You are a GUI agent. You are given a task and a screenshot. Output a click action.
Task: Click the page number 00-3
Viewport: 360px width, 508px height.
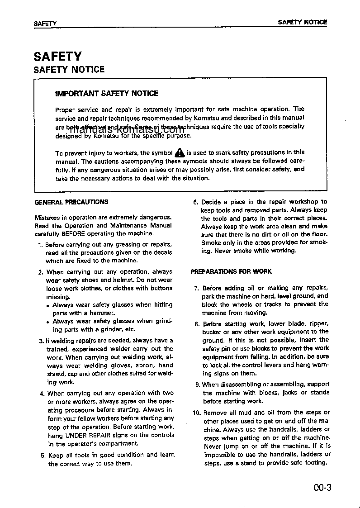coord(322,488)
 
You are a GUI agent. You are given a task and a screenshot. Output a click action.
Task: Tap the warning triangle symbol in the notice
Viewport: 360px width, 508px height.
coord(180,152)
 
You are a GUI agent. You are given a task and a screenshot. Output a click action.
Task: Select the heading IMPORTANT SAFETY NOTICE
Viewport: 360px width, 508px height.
coord(106,94)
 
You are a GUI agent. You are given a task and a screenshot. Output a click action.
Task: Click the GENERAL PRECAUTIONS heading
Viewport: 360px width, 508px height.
coord(71,202)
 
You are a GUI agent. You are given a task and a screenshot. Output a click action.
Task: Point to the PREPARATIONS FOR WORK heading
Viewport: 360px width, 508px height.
coord(231,271)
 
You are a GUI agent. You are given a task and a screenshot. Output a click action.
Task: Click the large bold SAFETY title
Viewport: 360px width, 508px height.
coord(57,57)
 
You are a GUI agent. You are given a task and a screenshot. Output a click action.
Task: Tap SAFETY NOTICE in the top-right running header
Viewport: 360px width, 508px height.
coord(302,22)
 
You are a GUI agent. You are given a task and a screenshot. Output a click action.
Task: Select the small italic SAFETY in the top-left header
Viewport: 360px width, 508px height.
coord(45,23)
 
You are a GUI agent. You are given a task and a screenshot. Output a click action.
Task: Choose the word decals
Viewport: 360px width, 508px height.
coord(162,253)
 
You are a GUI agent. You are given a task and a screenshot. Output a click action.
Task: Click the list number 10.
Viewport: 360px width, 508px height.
coord(196,413)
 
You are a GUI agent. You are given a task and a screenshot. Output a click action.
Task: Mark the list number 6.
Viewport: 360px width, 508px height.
coord(195,202)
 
